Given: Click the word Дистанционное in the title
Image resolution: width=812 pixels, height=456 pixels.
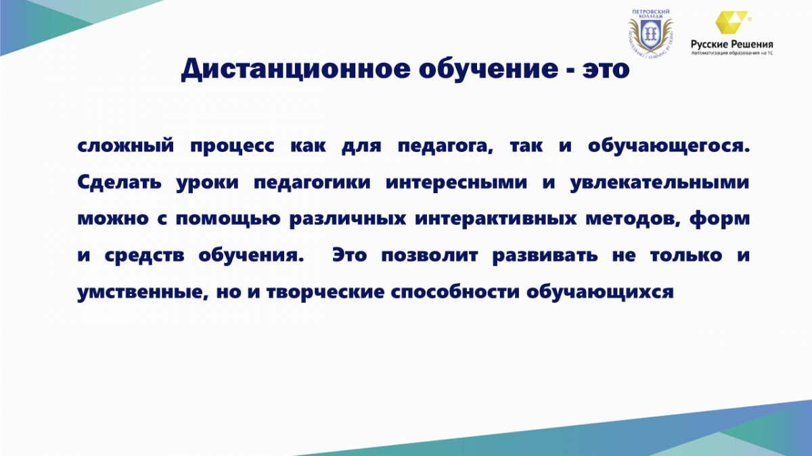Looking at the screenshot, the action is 296,69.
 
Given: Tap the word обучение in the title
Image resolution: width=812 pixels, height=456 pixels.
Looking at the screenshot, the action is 489,68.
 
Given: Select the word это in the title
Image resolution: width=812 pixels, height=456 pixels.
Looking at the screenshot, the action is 606,70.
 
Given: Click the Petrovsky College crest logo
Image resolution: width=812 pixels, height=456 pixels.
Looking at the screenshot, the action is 651,33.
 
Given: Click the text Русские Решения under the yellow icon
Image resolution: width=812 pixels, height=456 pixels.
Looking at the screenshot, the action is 732,45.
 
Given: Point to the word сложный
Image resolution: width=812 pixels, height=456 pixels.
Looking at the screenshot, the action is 126,146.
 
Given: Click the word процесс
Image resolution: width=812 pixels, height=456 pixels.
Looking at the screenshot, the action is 232,146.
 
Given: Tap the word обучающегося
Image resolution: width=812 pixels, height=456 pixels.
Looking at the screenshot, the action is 669,146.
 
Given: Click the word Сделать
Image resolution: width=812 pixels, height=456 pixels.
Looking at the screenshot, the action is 119,182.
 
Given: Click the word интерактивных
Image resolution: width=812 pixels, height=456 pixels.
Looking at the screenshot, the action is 495,219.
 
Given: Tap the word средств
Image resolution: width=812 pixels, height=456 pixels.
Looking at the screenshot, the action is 144,255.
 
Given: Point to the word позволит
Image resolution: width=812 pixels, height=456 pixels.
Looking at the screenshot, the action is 430,255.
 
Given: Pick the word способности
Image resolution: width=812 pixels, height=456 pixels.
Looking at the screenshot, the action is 455,292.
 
